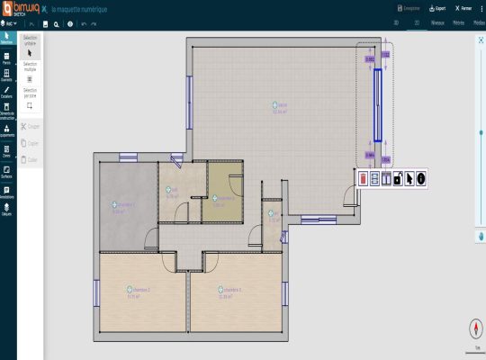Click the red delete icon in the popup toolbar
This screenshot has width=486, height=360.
click(363, 178)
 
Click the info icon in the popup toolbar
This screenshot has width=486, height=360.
click(420, 178)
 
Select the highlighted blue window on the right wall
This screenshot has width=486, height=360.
click(379, 104)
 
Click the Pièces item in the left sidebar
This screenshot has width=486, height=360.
click(7, 58)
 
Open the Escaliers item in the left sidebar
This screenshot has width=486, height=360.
click(7, 92)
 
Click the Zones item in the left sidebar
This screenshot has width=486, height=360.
click(7, 150)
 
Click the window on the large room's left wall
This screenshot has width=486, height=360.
click(189, 90)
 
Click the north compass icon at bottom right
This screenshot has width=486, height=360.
click(474, 328)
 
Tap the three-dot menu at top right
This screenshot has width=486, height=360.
click(480, 7)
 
